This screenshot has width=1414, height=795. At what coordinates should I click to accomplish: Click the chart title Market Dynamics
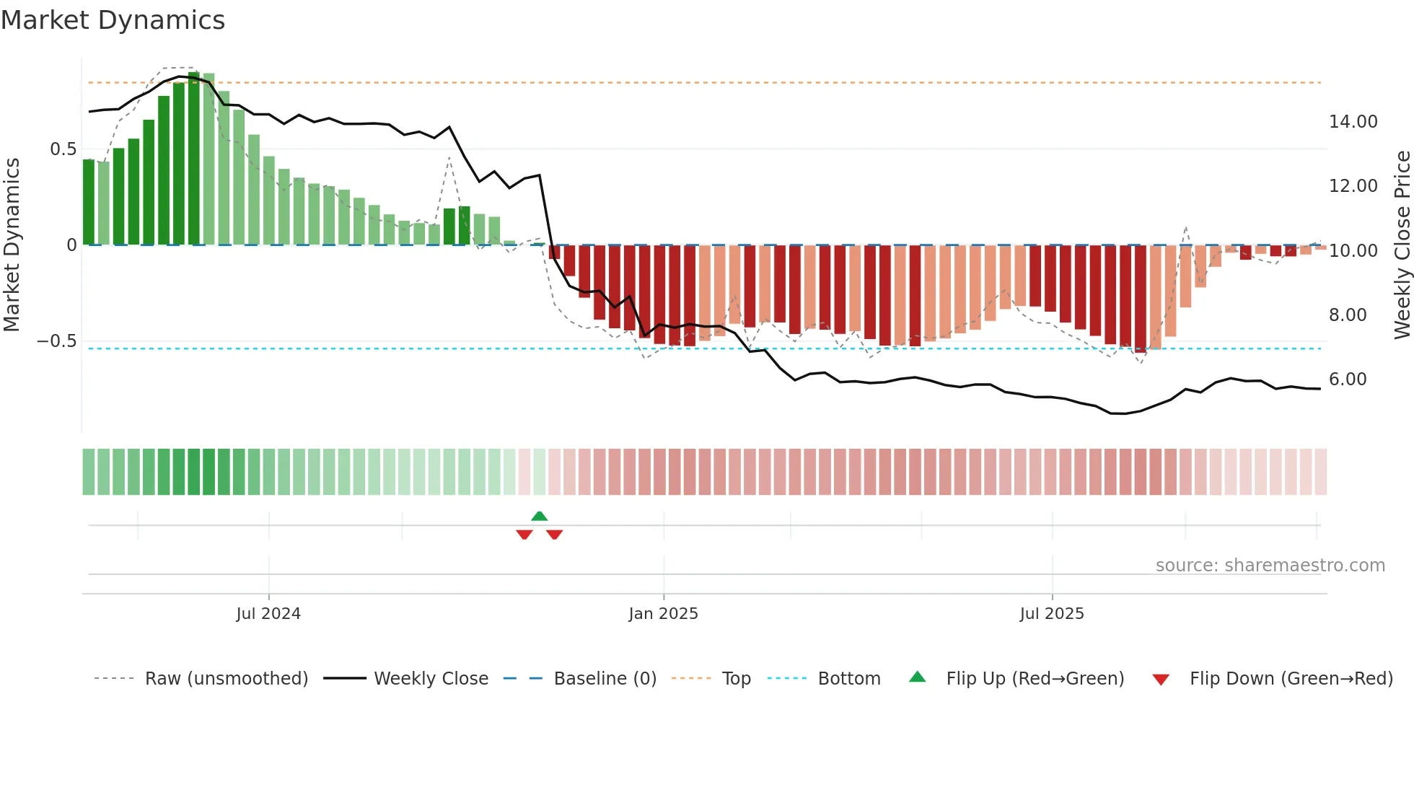point(113,20)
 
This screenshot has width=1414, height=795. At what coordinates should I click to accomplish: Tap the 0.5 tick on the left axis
point(63,149)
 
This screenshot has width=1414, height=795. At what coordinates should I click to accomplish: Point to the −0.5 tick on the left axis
point(56,341)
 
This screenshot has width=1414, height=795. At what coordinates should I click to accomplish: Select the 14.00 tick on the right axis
point(1353,122)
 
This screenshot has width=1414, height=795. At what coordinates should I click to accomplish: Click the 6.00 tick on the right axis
point(1347,379)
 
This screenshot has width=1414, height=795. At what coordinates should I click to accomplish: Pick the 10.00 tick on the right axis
point(1353,251)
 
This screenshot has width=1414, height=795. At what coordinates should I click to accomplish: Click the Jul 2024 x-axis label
point(268,614)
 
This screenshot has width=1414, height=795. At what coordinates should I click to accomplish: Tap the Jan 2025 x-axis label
point(663,614)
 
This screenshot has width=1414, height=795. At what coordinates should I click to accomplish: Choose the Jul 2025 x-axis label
point(1051,614)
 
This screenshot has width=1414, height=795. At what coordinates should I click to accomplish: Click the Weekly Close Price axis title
point(1402,245)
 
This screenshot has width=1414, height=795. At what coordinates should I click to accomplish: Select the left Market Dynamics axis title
point(12,245)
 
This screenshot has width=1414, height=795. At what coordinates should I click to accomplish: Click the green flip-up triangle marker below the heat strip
point(539,516)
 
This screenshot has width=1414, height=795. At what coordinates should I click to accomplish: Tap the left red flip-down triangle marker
point(524,535)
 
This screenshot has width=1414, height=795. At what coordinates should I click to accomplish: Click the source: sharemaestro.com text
point(1270,566)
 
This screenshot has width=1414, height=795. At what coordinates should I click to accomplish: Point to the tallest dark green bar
point(194,159)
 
